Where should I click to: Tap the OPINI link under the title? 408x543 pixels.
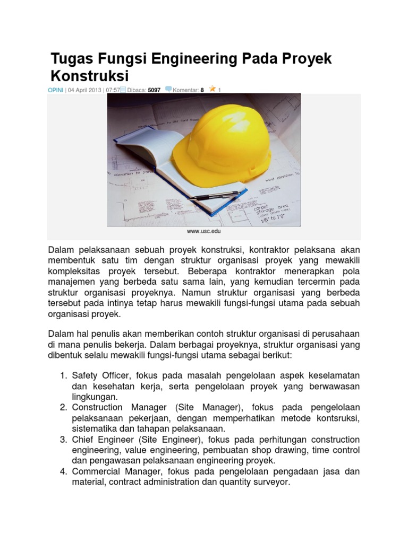[x=56, y=90]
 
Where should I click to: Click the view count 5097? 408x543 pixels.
[x=154, y=90]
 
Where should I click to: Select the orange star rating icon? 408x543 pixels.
[x=212, y=89]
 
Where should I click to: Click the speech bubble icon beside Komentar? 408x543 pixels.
[x=169, y=90]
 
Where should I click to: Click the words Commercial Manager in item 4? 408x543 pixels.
[x=116, y=471]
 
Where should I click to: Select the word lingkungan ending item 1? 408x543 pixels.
[x=95, y=397]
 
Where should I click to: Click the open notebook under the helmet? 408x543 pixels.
[x=159, y=159]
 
